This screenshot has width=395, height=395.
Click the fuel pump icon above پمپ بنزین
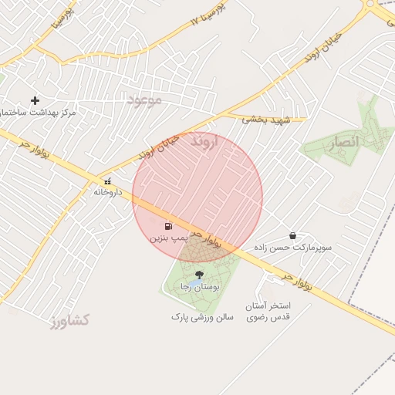(x=169, y=227)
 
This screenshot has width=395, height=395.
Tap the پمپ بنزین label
(x=168, y=239)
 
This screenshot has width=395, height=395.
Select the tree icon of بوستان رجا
(x=199, y=275)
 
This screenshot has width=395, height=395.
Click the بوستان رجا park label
(x=201, y=286)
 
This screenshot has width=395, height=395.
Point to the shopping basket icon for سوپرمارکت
(x=293, y=235)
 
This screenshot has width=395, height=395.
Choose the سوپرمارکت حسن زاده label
(x=295, y=248)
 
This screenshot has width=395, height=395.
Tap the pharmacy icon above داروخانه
(x=107, y=181)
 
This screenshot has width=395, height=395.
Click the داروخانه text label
(x=108, y=191)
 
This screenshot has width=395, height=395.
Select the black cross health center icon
(x=35, y=100)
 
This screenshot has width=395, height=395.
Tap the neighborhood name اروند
(x=205, y=141)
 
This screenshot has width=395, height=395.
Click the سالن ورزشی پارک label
(x=202, y=316)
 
